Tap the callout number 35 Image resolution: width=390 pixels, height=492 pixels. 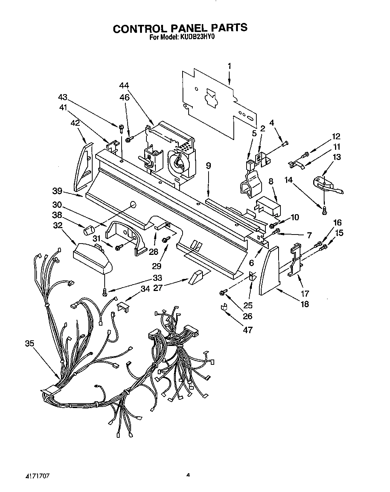point(30,343)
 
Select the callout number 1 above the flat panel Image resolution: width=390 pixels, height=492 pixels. point(229,66)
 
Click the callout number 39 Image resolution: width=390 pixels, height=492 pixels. point(57,191)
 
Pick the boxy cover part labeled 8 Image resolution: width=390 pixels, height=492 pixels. point(269,206)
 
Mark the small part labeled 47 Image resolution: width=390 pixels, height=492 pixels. point(224,307)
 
